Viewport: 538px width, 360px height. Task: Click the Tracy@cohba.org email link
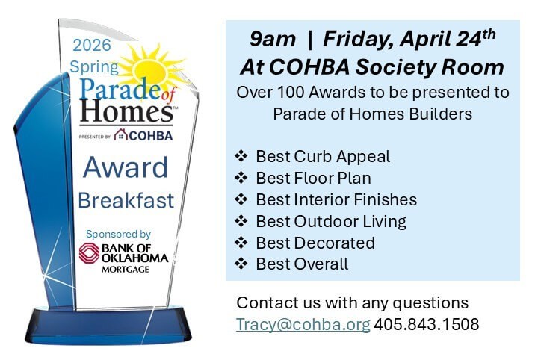click(303, 325)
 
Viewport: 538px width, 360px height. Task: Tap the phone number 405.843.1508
click(426, 325)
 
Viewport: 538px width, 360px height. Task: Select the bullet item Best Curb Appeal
click(323, 157)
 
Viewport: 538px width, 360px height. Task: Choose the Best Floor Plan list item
click(313, 179)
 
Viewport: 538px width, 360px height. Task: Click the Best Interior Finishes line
click(336, 200)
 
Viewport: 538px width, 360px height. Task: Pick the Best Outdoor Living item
click(331, 222)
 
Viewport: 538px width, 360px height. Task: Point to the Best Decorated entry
click(315, 243)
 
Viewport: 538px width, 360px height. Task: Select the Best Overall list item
click(302, 264)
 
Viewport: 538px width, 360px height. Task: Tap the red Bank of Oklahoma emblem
click(90, 252)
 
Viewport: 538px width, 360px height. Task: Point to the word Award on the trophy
click(126, 167)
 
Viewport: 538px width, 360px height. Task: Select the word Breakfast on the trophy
click(126, 200)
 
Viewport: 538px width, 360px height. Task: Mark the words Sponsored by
click(118, 234)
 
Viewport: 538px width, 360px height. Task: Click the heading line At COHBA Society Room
click(371, 66)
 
